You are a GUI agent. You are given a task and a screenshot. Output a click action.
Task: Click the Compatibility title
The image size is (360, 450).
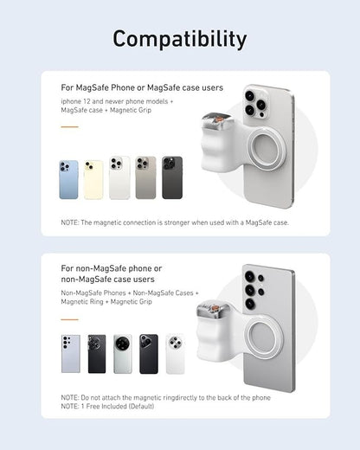[x=180, y=39]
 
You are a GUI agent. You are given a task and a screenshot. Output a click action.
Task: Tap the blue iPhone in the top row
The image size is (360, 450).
[x=68, y=179]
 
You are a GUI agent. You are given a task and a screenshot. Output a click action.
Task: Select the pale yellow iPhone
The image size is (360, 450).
[x=93, y=179]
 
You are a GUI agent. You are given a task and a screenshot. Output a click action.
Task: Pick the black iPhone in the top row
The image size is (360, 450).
[x=172, y=177]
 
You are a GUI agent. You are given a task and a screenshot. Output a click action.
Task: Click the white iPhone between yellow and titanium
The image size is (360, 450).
[x=119, y=177]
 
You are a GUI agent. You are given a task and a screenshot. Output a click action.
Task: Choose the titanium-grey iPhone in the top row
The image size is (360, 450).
[x=145, y=177]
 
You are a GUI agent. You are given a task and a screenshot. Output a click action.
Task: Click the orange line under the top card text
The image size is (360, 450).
[x=69, y=127]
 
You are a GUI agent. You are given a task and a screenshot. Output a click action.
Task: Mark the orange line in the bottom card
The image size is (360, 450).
[x=69, y=316]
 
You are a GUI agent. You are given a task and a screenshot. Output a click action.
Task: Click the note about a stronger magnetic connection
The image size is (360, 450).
[x=175, y=222]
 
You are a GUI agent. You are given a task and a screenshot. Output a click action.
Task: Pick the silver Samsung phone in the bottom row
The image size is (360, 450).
[x=70, y=354]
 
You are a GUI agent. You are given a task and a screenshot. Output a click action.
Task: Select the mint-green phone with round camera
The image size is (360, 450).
[x=123, y=354]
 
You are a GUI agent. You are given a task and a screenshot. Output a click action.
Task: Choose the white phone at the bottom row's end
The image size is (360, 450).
[x=176, y=354]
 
